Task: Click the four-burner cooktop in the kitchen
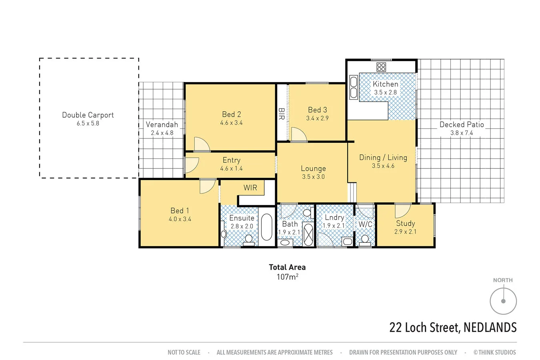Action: tap(381, 67)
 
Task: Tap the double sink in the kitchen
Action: tap(354, 87)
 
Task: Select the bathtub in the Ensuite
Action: tap(267, 227)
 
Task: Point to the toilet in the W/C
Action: tap(365, 239)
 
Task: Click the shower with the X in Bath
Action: tap(308, 234)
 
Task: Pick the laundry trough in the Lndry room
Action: tap(347, 241)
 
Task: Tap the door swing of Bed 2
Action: tap(201, 145)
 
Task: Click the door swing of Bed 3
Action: tap(298, 135)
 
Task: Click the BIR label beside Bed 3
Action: tap(281, 114)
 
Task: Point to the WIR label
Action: tap(250, 188)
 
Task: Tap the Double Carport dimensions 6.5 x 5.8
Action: tap(88, 124)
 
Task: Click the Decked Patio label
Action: tap(462, 124)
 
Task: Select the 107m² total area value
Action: tap(287, 277)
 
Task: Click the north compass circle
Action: tap(503, 301)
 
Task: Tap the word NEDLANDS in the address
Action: tap(490, 328)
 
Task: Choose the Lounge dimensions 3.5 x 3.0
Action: tap(313, 177)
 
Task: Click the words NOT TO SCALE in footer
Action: tap(184, 352)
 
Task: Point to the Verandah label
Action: tap(162, 124)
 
